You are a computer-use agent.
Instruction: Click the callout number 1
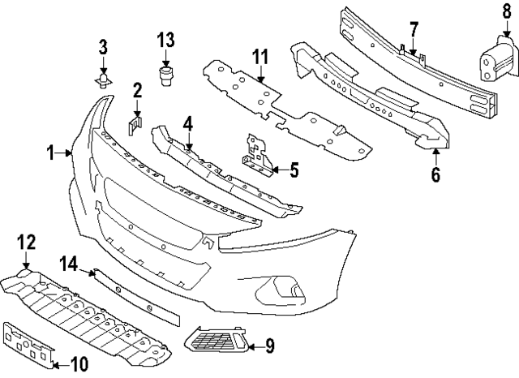(x=50, y=152)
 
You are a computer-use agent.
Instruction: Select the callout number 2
(x=138, y=90)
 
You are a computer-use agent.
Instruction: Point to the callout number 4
(x=187, y=124)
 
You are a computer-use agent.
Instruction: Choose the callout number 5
(x=293, y=170)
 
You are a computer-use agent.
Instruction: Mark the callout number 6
(x=435, y=174)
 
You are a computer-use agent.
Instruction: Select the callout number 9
(x=269, y=346)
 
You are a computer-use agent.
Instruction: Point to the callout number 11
(x=259, y=57)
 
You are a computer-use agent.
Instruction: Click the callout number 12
(x=26, y=242)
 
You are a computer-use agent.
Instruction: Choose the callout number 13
(x=165, y=39)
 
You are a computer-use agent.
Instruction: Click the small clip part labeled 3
(x=103, y=79)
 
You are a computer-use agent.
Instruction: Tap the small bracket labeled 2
(x=135, y=127)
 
